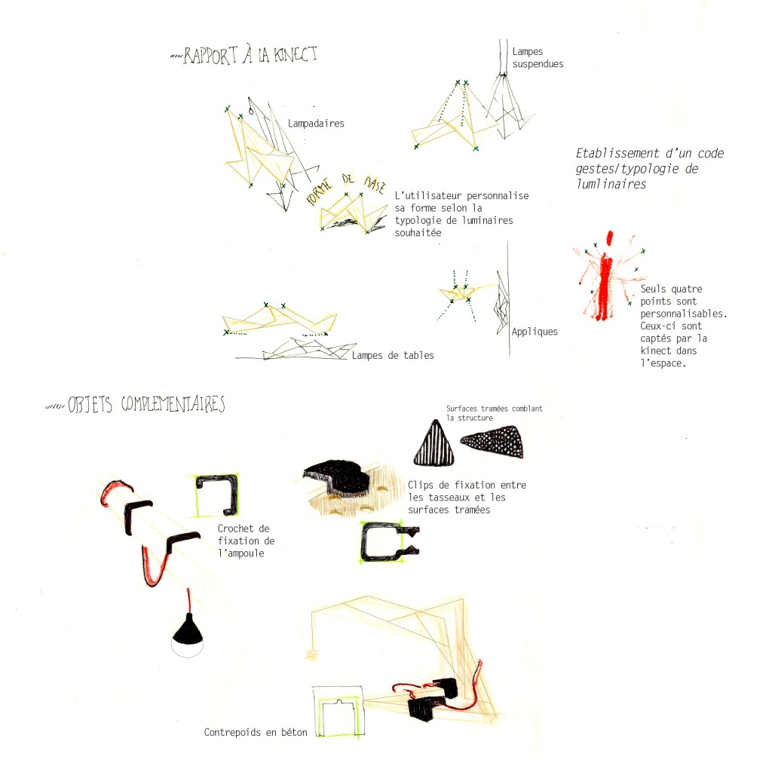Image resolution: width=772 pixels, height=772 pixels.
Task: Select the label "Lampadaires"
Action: [316, 124]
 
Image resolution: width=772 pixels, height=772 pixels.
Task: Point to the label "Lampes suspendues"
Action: [538, 57]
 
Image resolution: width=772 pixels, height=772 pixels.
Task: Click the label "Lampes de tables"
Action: [393, 356]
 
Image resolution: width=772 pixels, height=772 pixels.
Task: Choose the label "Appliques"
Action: [535, 332]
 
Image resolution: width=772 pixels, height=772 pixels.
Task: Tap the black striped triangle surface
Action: [434, 443]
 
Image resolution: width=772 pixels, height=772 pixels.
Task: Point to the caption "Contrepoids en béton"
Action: [256, 733]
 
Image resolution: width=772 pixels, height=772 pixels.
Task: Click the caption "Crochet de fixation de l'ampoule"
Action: [247, 541]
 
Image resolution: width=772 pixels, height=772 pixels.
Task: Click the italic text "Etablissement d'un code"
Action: [650, 153]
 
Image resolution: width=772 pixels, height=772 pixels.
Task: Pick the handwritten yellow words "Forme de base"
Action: [345, 187]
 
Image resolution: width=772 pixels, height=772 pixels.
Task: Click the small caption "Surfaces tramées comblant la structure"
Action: [495, 413]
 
